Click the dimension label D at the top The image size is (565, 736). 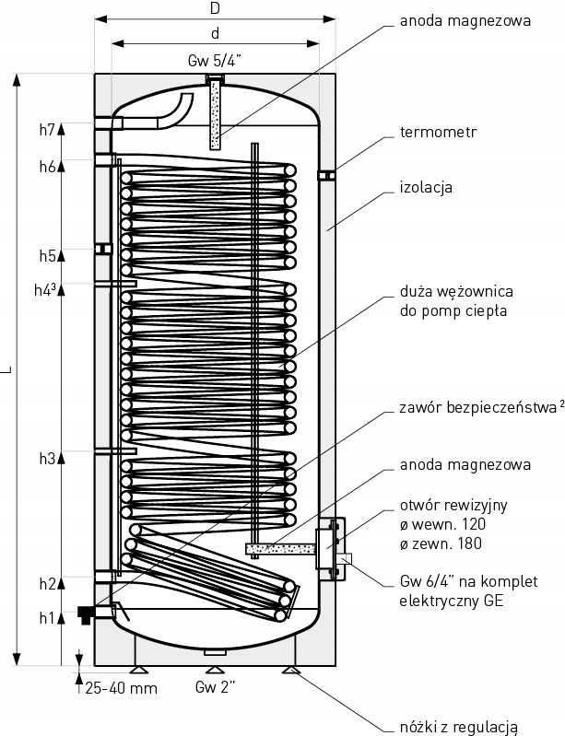215,8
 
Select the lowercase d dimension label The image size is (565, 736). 215,34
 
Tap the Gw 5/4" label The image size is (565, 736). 214,62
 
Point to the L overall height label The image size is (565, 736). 7,368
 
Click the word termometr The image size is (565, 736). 439,132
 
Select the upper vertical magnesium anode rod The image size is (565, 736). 216,114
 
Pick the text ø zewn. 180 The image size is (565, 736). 441,543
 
